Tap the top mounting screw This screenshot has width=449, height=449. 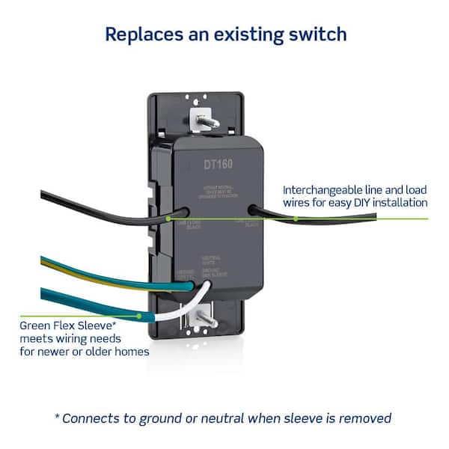(x=201, y=117)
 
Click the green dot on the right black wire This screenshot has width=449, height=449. (x=296, y=219)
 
